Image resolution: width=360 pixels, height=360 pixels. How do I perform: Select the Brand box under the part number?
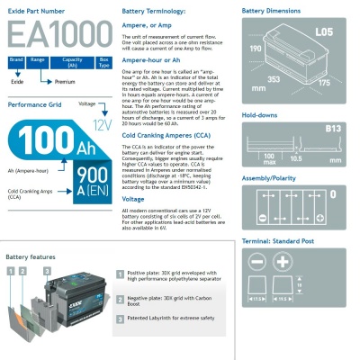(x=15, y=59)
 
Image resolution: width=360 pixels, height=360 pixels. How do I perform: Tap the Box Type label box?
(x=103, y=62)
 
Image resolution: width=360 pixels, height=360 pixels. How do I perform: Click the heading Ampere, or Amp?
(x=146, y=27)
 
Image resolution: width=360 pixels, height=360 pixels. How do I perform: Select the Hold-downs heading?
(x=261, y=115)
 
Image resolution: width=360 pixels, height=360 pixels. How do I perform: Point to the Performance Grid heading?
(x=34, y=104)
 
